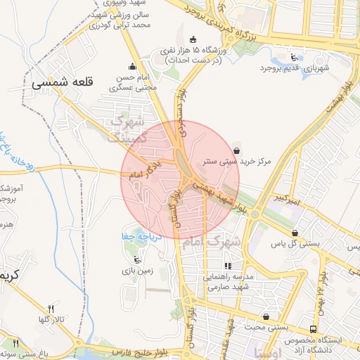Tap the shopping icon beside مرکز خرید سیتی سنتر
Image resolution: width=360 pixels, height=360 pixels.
click(236, 150)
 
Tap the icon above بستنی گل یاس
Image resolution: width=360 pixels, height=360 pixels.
click(294, 232)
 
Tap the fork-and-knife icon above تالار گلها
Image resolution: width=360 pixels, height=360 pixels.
click(50, 309)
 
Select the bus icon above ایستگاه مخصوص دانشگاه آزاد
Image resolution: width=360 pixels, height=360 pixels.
click(312, 329)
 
